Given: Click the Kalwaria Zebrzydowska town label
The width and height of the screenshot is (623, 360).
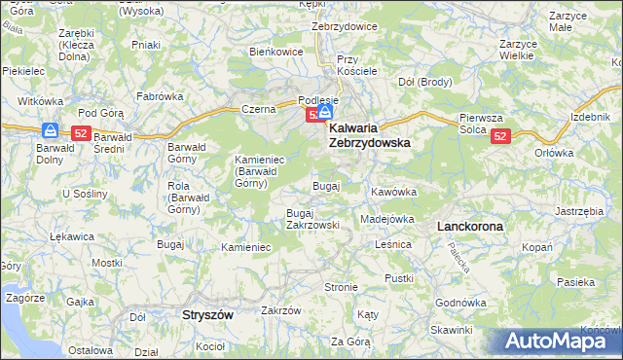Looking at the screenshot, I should coord(369,134).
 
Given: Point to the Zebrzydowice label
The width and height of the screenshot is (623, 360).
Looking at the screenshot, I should coord(344,26).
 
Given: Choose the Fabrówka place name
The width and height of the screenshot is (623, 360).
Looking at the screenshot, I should coord(160,96).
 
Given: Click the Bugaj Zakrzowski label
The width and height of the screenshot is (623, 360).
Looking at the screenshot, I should coord(311,218).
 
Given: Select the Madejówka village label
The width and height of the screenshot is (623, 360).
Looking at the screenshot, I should coord(387,219).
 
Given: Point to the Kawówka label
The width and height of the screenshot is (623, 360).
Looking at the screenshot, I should coord(393,192).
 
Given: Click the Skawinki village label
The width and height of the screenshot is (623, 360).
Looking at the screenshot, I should coord(451,330).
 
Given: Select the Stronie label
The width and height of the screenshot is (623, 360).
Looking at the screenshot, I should coord(341,287).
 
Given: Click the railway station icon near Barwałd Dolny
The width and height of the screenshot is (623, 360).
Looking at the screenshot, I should coord(50,130).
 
